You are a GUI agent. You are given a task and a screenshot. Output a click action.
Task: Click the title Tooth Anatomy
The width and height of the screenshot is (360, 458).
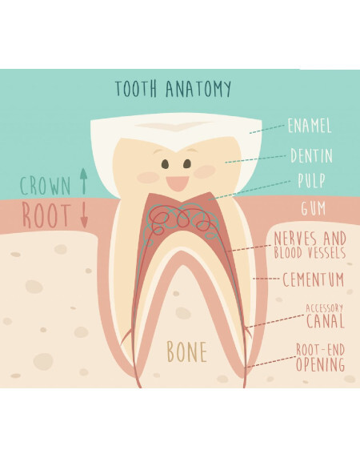(x=174, y=88)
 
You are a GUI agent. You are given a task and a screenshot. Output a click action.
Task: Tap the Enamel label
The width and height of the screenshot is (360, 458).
(x=310, y=126)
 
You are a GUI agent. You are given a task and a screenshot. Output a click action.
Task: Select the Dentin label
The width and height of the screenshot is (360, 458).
(x=311, y=155)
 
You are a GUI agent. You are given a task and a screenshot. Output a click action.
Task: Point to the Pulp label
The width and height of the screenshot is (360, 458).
(x=311, y=180)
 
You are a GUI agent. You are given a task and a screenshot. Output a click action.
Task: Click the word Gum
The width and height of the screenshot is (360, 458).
(x=314, y=208)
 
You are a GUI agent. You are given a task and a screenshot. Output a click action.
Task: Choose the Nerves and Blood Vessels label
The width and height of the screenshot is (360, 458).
(x=310, y=245)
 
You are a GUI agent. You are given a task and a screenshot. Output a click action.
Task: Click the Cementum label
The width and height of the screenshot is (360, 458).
(x=313, y=279)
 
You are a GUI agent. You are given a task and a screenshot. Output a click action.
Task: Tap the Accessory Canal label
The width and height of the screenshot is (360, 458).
(x=325, y=316)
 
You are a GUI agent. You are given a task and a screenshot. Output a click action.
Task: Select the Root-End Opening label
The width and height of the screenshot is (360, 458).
(x=320, y=358)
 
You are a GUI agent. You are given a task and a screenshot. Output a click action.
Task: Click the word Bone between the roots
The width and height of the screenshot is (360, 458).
(x=187, y=352)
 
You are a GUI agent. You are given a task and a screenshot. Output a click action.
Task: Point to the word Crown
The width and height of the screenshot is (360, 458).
(x=46, y=186)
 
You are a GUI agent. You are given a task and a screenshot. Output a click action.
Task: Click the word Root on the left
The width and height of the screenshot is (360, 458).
(x=46, y=216)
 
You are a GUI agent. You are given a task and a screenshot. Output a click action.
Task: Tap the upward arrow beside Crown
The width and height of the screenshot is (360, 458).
(x=84, y=181)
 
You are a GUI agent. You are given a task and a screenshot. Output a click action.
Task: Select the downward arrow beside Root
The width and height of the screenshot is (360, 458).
(x=84, y=215)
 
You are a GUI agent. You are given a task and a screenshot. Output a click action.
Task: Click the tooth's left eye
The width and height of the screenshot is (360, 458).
(x=166, y=164)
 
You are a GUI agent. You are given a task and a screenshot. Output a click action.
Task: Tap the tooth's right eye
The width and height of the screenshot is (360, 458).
(x=187, y=164)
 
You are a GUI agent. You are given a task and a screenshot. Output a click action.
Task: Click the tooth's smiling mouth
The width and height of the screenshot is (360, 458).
(x=177, y=184)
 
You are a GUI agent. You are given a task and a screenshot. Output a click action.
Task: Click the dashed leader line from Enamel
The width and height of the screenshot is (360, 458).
(x=266, y=129)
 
